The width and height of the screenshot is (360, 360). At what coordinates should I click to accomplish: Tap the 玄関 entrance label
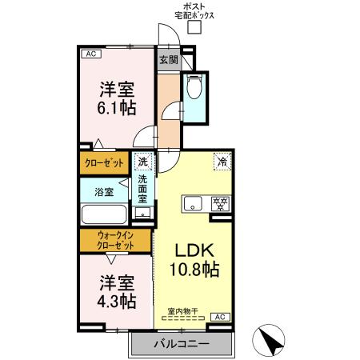pos(168,59)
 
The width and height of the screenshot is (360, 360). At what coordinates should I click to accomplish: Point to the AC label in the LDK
pos(222,318)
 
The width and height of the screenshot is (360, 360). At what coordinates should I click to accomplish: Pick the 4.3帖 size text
pos(117,301)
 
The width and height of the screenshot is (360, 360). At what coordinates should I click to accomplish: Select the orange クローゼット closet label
pos(105,163)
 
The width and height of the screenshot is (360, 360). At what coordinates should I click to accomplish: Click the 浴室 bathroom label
pos(104,192)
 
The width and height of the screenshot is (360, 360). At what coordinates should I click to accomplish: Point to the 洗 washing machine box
pos(142,162)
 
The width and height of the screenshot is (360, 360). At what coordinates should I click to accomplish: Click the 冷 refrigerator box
pos(221,162)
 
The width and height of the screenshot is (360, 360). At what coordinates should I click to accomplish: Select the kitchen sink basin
pos(193,203)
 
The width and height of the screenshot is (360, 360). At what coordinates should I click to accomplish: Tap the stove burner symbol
pos(218,203)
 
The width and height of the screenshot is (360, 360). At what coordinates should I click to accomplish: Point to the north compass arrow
pos(273,342)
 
